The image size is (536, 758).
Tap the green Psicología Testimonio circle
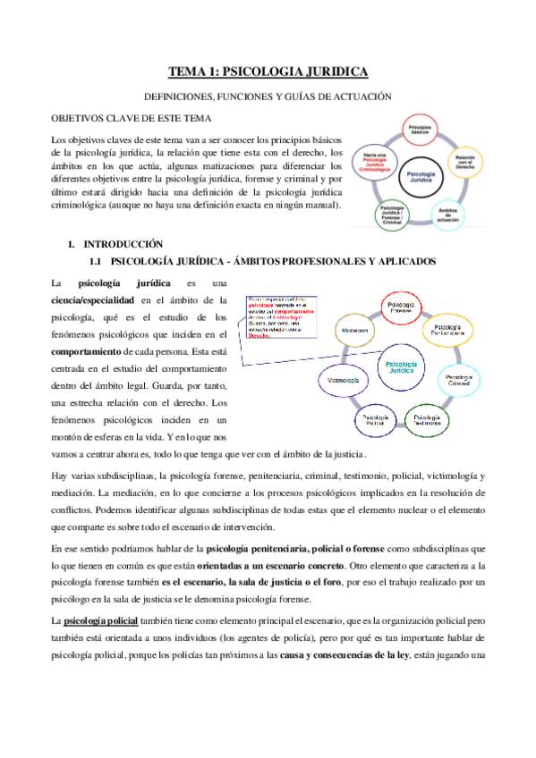427,418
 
